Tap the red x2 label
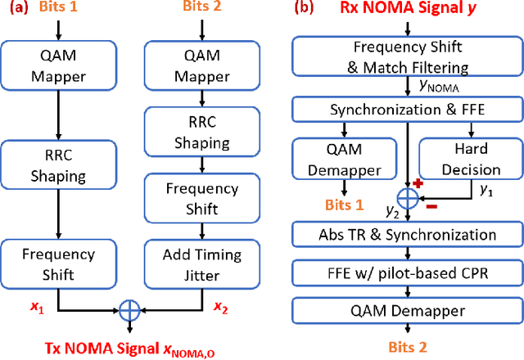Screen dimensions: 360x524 click(221, 307)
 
